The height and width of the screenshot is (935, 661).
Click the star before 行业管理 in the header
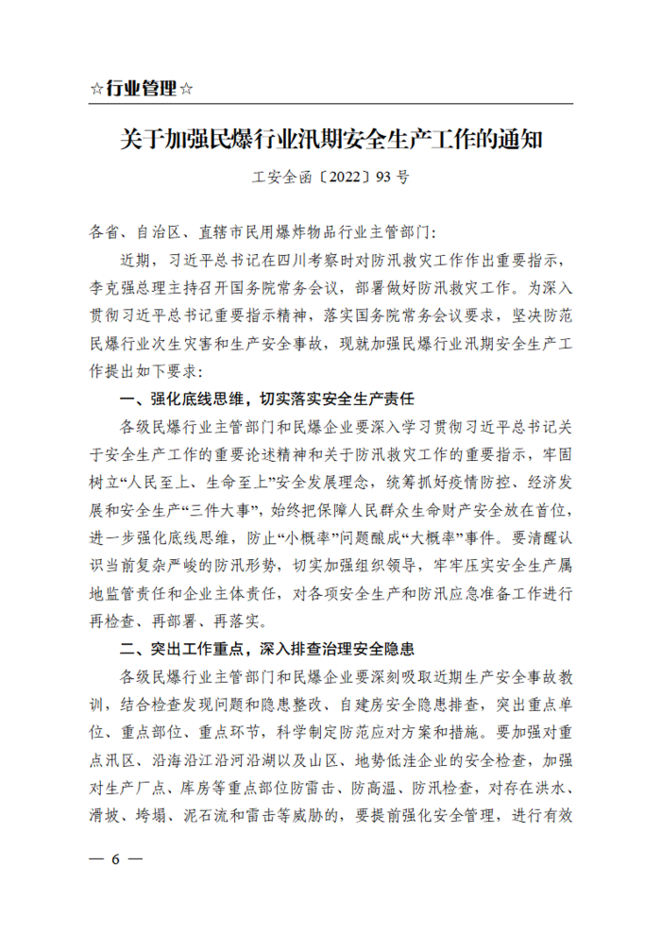click(96, 89)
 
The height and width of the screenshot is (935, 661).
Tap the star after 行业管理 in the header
click(186, 89)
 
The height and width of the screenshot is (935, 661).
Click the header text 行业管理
click(141, 89)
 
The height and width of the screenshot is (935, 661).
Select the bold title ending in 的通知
click(330, 139)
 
